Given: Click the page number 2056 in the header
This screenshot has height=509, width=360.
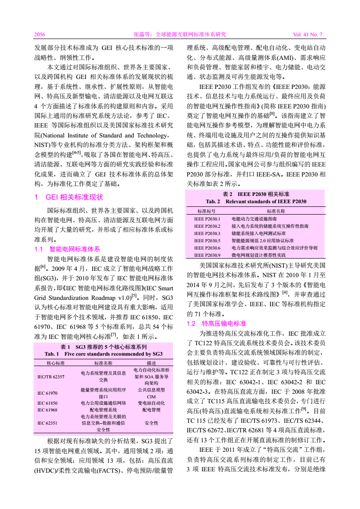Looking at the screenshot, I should pos(40,34).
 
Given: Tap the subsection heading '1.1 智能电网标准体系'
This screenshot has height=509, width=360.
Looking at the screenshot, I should pos(67,249).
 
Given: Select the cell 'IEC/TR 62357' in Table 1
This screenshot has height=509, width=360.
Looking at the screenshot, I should pos(51,376).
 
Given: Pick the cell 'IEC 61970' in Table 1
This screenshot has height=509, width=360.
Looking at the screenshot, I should pos(47,392).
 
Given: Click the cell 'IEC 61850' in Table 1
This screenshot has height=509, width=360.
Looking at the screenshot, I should pos(47,402).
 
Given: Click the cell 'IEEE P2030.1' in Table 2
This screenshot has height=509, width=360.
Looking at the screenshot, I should pos(207,219).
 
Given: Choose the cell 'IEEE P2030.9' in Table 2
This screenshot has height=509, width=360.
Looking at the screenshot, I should pos(207,255).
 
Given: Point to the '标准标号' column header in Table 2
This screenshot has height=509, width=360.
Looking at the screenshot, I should pos(207,211).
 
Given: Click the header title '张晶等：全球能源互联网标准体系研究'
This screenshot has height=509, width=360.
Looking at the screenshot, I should pos(179,34).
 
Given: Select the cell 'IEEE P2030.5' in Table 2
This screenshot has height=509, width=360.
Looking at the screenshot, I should pos(207,240).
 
